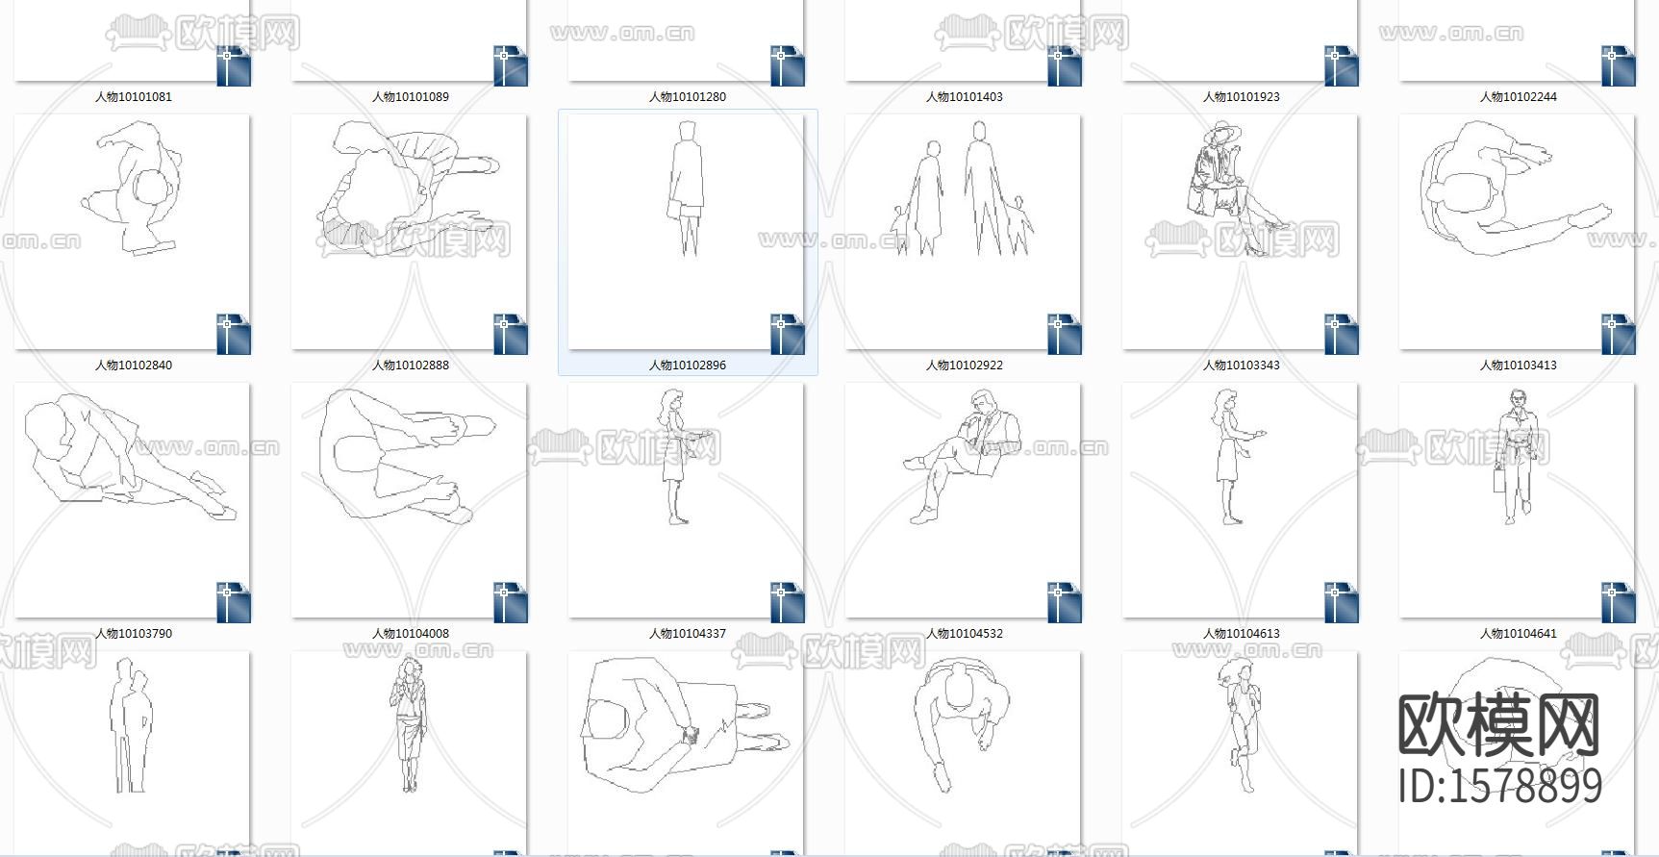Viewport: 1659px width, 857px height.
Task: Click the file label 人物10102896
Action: tap(688, 365)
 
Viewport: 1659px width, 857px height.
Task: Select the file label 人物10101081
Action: tap(134, 97)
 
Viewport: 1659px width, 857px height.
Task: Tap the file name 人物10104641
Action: tap(1519, 634)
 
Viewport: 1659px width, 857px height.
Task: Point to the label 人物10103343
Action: tap(1242, 365)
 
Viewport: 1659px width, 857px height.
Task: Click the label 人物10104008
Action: tap(411, 634)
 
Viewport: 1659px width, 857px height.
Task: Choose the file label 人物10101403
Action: tap(965, 97)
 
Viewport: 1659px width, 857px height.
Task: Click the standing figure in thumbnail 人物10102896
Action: tap(687, 189)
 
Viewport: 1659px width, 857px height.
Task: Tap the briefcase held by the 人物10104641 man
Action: tap(1498, 477)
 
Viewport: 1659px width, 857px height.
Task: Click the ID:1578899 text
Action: tap(1500, 786)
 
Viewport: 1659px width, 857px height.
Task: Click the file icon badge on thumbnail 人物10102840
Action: tap(233, 334)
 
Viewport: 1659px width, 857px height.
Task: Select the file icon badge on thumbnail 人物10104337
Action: tap(787, 602)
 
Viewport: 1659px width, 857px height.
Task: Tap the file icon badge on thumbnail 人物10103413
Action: tap(1618, 334)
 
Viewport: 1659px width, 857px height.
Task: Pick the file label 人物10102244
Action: tap(1519, 97)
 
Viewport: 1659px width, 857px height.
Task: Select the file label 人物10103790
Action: tap(134, 634)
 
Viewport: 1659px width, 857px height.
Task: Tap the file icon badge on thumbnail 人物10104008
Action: tap(510, 602)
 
